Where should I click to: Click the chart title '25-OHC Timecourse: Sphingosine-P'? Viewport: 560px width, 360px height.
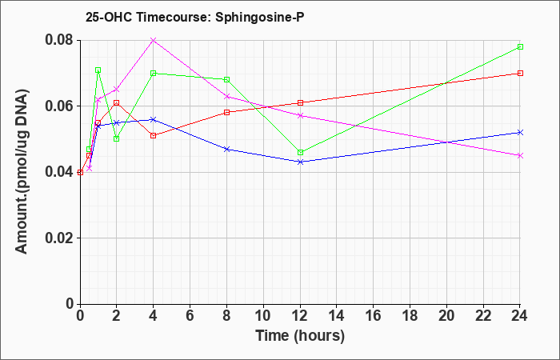tap(194, 18)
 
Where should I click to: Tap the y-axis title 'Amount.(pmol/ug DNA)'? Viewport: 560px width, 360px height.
tap(22, 172)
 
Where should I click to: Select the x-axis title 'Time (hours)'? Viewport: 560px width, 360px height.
tap(300, 336)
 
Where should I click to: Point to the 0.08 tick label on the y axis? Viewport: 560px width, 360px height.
tap(61, 40)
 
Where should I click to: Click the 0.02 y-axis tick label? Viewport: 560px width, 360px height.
tap(61, 238)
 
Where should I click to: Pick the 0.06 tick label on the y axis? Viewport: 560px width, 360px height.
tap(61, 106)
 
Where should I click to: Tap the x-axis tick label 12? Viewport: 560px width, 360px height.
tap(300, 316)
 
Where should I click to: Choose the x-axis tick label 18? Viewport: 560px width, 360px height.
tap(410, 316)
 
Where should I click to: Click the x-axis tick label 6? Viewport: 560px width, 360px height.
tap(190, 316)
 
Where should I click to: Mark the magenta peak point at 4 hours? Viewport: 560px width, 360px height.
tap(154, 40)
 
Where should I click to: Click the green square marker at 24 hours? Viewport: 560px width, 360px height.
tap(520, 46)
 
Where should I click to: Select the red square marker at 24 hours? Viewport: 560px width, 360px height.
tap(520, 74)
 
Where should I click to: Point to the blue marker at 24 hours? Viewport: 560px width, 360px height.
tap(520, 133)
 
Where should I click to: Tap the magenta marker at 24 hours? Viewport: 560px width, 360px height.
tap(520, 156)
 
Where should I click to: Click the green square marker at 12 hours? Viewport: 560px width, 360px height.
tap(300, 153)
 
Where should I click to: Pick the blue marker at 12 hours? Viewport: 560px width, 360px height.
tap(300, 162)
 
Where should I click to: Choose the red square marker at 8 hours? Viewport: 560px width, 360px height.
tap(226, 113)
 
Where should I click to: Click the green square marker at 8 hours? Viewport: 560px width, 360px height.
tap(226, 79)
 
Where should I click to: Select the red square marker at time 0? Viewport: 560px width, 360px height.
tap(80, 172)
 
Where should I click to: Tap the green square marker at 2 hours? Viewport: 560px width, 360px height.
tap(117, 139)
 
